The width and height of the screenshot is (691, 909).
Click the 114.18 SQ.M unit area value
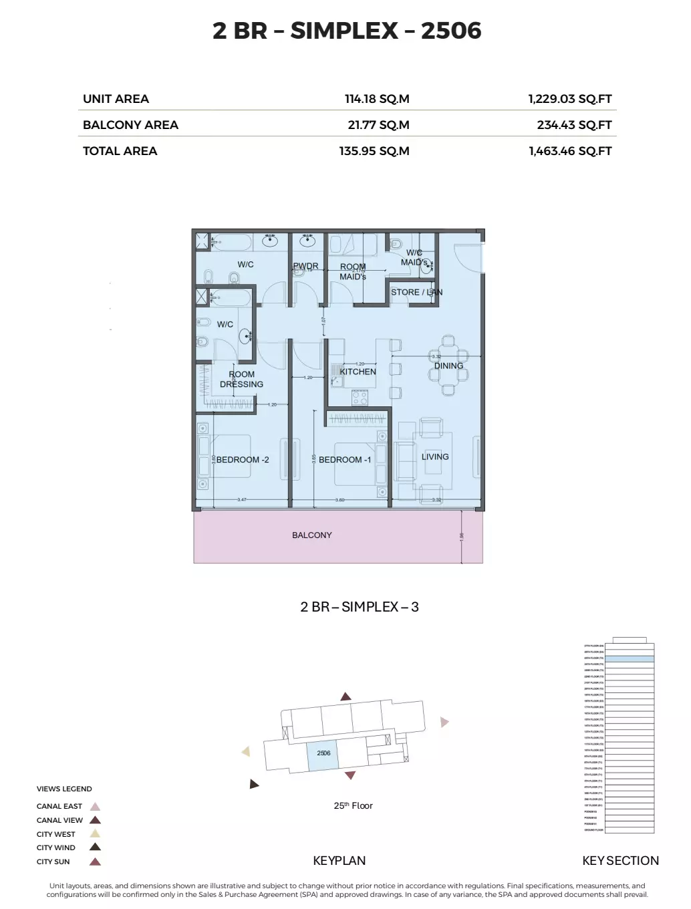(377, 99)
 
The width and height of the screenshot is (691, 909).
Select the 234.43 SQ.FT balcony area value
(574, 125)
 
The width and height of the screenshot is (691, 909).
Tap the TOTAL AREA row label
(120, 151)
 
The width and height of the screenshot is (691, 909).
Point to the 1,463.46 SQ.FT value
(570, 151)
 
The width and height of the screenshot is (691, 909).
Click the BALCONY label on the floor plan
(311, 535)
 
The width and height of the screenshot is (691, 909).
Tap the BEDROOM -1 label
(345, 460)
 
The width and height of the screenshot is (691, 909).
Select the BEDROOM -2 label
(243, 460)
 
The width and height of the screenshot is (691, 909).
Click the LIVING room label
(435, 457)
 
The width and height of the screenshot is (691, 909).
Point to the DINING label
(448, 366)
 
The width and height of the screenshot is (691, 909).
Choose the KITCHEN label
(358, 372)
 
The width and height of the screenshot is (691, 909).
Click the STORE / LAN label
(416, 292)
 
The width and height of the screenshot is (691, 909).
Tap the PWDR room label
(305, 266)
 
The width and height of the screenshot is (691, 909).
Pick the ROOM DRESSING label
(241, 379)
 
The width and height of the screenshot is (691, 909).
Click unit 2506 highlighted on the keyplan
(323, 755)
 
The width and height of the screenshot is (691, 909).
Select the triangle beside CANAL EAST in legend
(96, 807)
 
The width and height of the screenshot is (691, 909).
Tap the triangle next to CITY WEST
(96, 834)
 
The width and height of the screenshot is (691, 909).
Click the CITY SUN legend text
(53, 862)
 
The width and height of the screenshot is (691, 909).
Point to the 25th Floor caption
(353, 805)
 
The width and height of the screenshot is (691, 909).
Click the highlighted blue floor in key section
(629, 659)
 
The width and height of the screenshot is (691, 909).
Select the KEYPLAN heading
(339, 861)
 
